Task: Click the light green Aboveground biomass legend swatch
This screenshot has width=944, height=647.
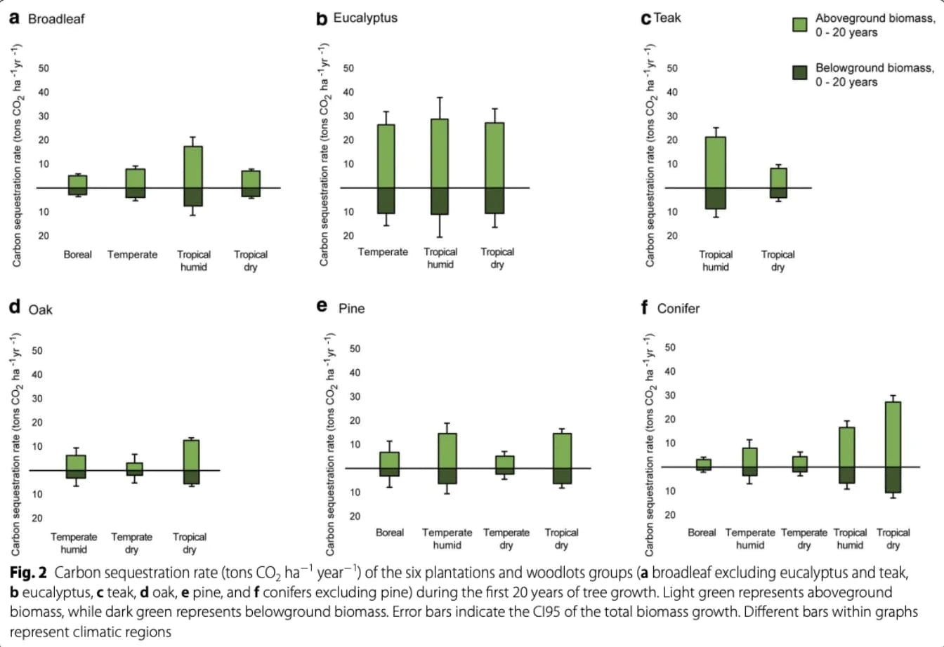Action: coord(799,25)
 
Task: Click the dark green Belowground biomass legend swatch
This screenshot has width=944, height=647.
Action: coord(799,72)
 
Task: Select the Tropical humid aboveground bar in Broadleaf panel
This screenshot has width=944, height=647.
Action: coord(193,167)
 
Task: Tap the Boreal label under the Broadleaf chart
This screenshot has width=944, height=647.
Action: coord(77,255)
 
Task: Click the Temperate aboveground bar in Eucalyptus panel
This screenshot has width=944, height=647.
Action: coord(386,156)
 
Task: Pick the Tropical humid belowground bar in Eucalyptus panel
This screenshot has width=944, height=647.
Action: coord(440,201)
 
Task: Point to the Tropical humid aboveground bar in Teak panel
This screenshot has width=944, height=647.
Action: coord(715,162)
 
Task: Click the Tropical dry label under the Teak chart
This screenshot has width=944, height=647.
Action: coord(778,260)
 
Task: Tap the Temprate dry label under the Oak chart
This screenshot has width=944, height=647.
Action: coord(131,543)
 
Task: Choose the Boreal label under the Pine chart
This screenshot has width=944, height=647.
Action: coord(390,533)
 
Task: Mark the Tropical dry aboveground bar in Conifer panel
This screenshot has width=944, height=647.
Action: coord(893,434)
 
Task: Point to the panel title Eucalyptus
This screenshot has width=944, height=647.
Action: coord(365,18)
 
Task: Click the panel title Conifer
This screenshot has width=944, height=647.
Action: coord(678,308)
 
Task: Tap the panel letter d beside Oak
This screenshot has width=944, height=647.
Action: coord(15,307)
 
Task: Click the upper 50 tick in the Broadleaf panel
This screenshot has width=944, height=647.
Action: coord(44,68)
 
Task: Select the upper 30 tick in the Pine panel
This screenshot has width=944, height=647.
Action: coord(355,396)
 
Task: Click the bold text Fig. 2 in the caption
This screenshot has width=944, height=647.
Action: coord(32,573)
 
